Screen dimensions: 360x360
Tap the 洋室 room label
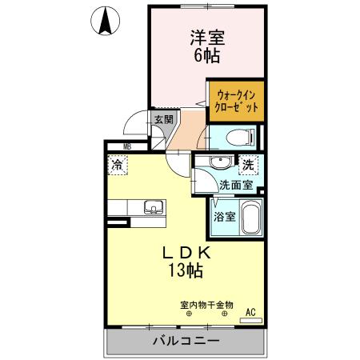point(206,36)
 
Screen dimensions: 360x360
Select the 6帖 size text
point(206,57)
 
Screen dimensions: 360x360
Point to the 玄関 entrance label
point(163,119)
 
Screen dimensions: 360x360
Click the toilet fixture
point(241,137)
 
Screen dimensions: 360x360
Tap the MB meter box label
point(126,146)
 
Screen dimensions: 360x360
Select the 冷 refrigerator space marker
point(117,166)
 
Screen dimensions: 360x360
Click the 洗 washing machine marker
point(248,165)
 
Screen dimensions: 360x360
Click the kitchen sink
point(152,208)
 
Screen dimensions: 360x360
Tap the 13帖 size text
point(185,270)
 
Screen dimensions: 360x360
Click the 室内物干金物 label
point(206,304)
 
